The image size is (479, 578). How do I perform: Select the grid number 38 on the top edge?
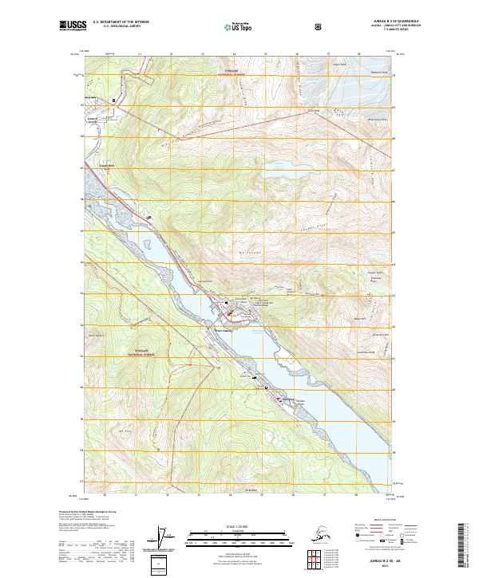[x=358, y=54]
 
